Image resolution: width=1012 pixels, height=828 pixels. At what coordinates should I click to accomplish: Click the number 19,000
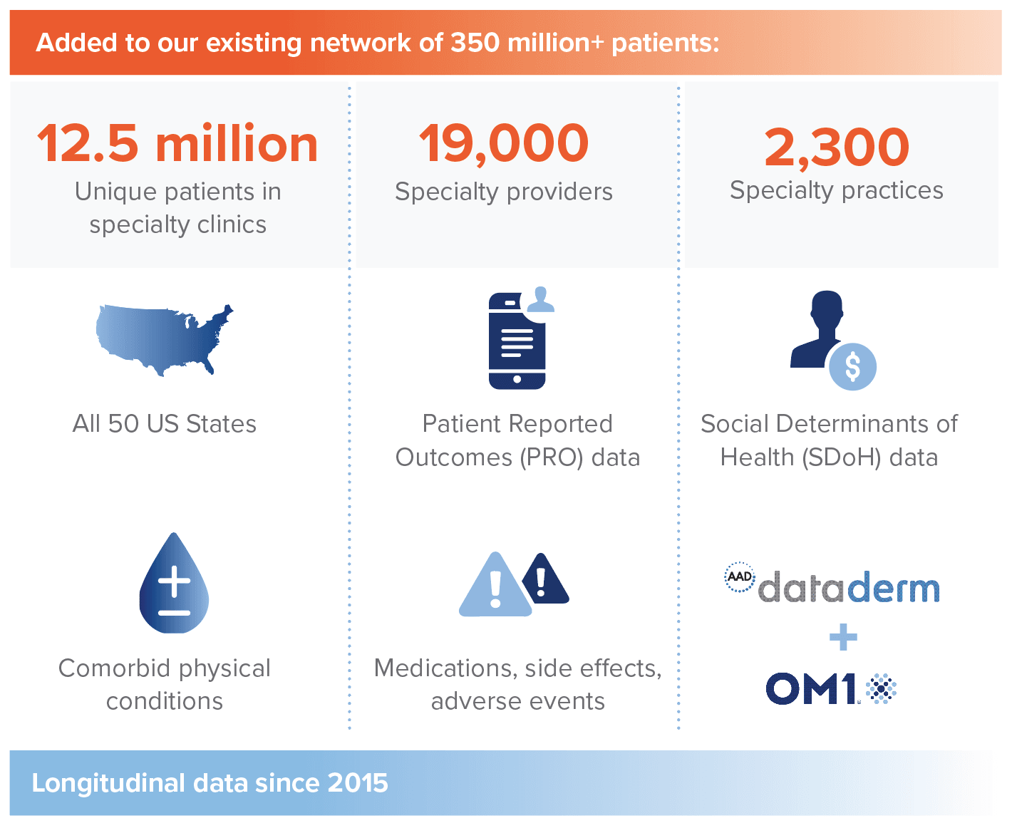(503, 143)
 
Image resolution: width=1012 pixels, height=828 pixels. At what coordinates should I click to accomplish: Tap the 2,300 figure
(837, 148)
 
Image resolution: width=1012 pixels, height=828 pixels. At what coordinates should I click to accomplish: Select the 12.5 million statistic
(177, 143)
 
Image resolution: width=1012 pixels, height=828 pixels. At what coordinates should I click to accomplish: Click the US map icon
(165, 340)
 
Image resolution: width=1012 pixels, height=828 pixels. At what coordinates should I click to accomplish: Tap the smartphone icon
(517, 341)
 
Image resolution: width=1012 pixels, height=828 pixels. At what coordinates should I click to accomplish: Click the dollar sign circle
(852, 366)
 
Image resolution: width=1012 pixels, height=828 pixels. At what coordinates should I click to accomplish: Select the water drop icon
(174, 583)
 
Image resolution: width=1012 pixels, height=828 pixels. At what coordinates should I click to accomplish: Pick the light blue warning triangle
(495, 585)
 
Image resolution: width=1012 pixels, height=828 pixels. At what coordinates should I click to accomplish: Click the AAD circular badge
(740, 576)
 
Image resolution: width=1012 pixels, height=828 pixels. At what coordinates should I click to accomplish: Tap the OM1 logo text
(811, 688)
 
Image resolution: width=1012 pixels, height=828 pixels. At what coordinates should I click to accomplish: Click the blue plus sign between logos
(843, 637)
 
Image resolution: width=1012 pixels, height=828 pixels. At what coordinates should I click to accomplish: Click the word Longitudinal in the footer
(108, 784)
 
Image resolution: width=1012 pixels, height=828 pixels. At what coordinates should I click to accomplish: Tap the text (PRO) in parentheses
(552, 457)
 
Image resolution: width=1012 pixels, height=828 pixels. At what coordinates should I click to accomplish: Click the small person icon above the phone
(540, 299)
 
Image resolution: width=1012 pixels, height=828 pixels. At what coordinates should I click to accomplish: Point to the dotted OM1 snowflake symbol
(881, 688)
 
